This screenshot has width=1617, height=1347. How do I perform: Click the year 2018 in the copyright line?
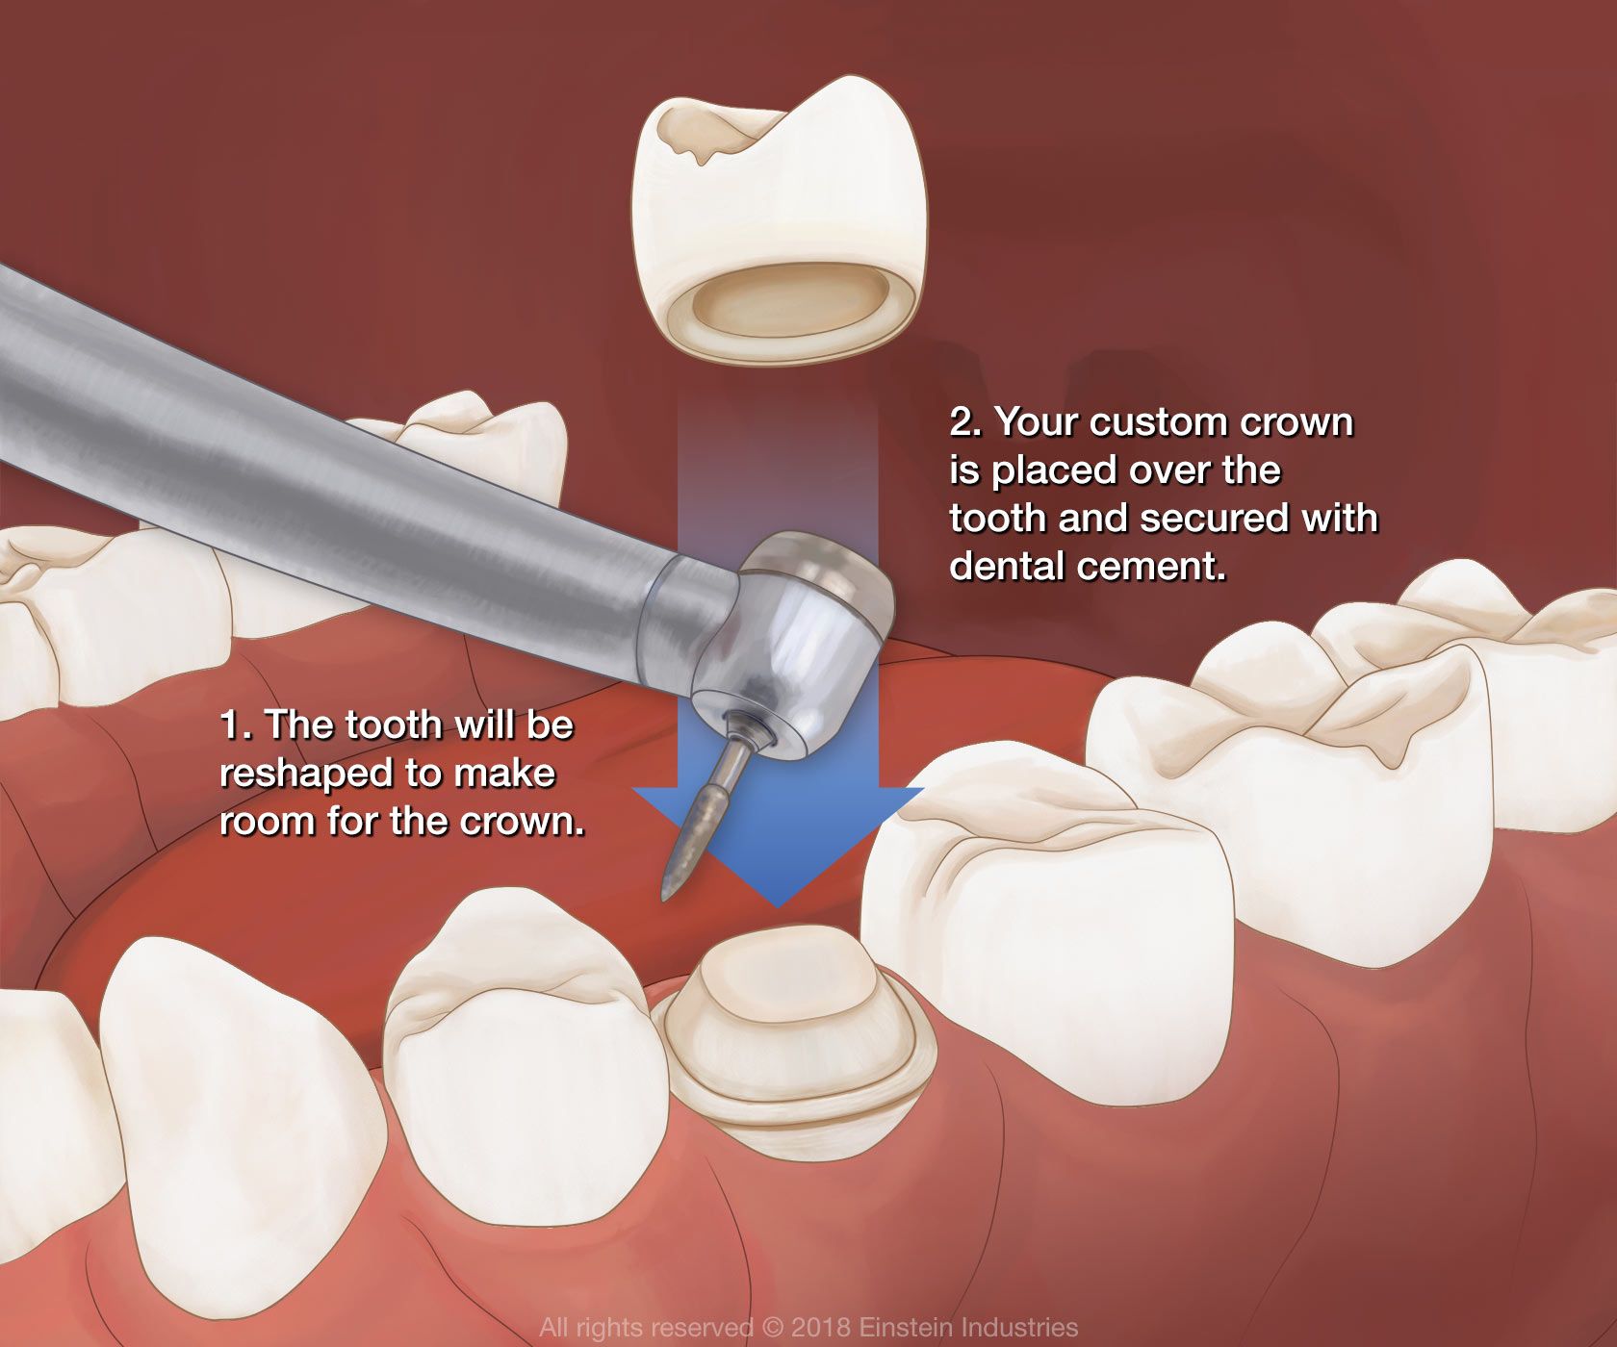coord(821,1328)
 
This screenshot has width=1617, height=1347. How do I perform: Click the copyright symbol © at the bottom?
coord(773,1328)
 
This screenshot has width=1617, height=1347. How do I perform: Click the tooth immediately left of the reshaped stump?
coord(525,1049)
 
